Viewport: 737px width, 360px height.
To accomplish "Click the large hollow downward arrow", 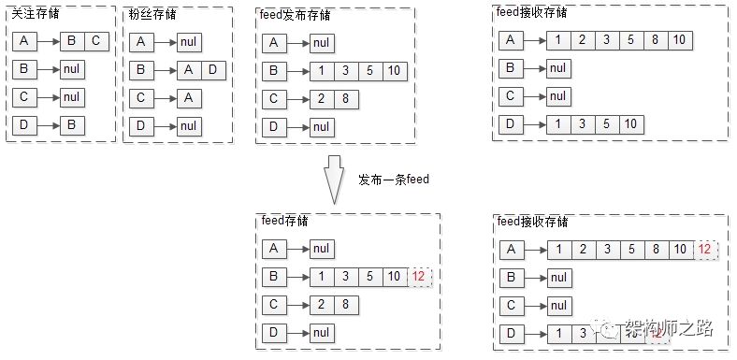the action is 336,180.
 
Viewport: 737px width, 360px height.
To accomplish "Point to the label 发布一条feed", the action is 394,179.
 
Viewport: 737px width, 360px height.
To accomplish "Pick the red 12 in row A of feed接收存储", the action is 707,249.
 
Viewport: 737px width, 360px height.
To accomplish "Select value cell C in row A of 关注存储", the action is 96,41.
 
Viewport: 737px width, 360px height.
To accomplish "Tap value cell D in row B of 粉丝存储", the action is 213,69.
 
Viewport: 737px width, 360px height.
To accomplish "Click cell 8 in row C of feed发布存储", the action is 347,98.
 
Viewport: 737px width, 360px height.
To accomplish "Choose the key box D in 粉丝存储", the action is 140,125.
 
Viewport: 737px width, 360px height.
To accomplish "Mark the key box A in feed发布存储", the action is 274,42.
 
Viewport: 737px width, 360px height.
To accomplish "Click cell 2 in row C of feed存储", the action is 322,305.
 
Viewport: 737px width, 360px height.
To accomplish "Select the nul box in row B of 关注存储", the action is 73,69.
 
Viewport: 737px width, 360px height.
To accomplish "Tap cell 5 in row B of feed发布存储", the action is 371,70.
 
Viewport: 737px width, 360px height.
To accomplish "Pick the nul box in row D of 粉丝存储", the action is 189,125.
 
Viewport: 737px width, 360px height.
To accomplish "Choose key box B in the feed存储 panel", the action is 274,277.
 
